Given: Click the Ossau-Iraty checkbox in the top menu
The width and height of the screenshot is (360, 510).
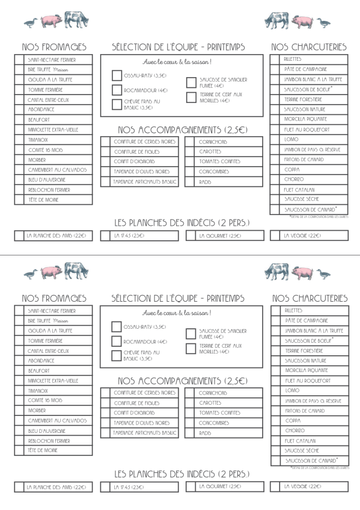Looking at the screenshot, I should tap(116, 75).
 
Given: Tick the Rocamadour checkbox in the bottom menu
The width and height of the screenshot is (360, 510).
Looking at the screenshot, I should tap(116, 341).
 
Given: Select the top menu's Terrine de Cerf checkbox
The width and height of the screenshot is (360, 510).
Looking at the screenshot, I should tap(191, 97).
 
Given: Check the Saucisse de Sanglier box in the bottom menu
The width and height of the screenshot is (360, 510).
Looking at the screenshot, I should tap(191, 334).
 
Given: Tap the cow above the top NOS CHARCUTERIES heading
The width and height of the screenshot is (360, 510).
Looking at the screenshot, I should tap(277, 21).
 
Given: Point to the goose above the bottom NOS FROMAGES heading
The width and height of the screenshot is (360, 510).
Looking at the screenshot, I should tap(31, 274).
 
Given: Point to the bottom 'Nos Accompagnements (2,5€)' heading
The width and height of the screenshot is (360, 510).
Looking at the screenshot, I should tap(182, 381).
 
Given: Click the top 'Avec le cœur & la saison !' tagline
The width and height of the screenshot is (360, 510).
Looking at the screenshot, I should tap(177, 61).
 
